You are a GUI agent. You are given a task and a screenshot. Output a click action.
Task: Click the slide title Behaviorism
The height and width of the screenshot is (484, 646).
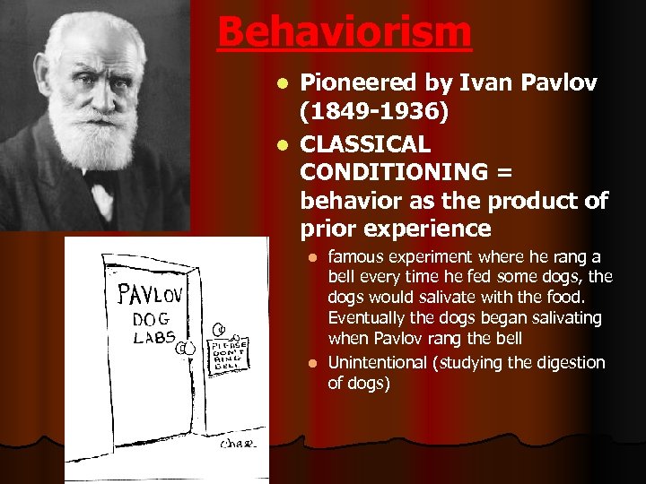(344, 33)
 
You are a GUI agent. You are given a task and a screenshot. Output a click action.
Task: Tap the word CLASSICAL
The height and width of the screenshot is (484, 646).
(365, 143)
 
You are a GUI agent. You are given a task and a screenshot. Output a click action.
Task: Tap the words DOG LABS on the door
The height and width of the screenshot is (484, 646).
(153, 328)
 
